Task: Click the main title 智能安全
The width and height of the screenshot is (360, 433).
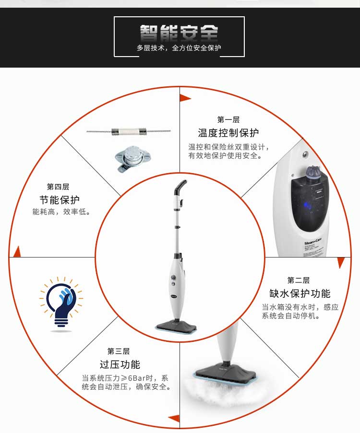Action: (x=179, y=33)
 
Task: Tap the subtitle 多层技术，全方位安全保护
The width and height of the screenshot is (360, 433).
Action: (x=179, y=48)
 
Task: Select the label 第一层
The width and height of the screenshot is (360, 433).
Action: (x=228, y=119)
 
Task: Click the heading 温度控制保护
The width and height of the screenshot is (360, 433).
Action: (x=228, y=133)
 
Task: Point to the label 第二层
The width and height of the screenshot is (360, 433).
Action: (x=299, y=281)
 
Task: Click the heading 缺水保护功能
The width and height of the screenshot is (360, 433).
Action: (x=300, y=293)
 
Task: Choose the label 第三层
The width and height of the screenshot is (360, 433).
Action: (x=119, y=351)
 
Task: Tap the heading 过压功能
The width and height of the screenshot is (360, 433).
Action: (x=120, y=364)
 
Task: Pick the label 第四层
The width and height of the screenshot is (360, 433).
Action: (x=58, y=187)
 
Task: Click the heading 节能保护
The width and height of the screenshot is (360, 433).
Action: (x=60, y=199)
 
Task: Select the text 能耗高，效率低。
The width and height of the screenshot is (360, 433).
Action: (x=61, y=212)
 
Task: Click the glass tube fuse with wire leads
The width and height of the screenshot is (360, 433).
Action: (x=129, y=131)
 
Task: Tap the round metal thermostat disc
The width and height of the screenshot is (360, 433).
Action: (x=132, y=158)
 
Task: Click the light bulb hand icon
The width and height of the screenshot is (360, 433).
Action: (x=61, y=304)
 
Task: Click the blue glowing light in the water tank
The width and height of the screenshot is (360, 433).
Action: (x=306, y=205)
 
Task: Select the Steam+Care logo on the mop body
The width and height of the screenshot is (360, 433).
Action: (x=312, y=241)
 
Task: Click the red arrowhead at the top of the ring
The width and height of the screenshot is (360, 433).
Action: (x=185, y=98)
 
